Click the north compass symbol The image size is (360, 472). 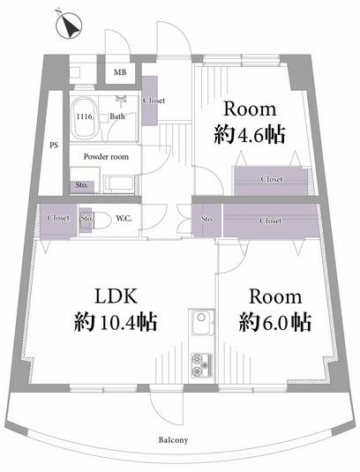tap(70, 25)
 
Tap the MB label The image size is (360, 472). tap(120, 72)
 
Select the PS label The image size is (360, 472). tap(54, 146)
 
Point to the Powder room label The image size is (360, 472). tap(106, 156)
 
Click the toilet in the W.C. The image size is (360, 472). tap(100, 220)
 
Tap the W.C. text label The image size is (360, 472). tap(124, 219)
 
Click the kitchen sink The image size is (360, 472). tap(203, 323)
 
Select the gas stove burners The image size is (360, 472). tap(202, 364)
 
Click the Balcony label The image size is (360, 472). tap(173, 440)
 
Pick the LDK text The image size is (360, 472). tap(116, 296)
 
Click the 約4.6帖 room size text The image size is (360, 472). tap(250, 136)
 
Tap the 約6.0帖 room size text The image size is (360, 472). tap(274, 322)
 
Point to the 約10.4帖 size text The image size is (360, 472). tap(116, 322)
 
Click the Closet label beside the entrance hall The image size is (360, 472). tap(154, 101)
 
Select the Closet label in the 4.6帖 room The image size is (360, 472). tap(272, 179)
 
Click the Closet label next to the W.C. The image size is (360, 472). tap(58, 218)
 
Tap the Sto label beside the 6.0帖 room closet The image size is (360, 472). tap(206, 219)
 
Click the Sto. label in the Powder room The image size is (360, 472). tap(81, 184)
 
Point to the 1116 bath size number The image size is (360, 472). tap(86, 116)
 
